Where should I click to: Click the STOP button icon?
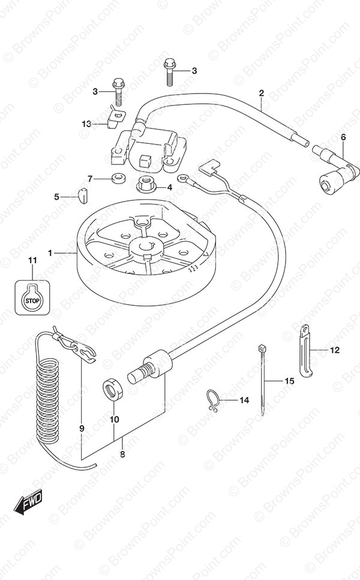(x=32, y=297)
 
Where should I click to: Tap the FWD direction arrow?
(x=28, y=502)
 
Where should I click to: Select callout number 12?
(x=334, y=350)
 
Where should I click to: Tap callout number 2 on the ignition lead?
(x=261, y=93)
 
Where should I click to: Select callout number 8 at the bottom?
(x=122, y=454)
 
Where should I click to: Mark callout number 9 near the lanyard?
(x=82, y=428)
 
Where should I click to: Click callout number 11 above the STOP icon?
(x=32, y=261)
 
